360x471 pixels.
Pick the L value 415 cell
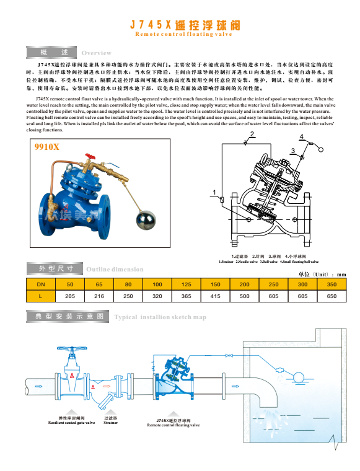click(x=215, y=296)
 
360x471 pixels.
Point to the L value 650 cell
click(x=331, y=296)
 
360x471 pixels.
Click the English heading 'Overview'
click(x=96, y=53)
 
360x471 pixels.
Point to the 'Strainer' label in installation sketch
click(x=110, y=423)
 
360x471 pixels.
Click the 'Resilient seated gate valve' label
click(x=72, y=423)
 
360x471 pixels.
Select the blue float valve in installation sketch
click(x=175, y=378)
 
